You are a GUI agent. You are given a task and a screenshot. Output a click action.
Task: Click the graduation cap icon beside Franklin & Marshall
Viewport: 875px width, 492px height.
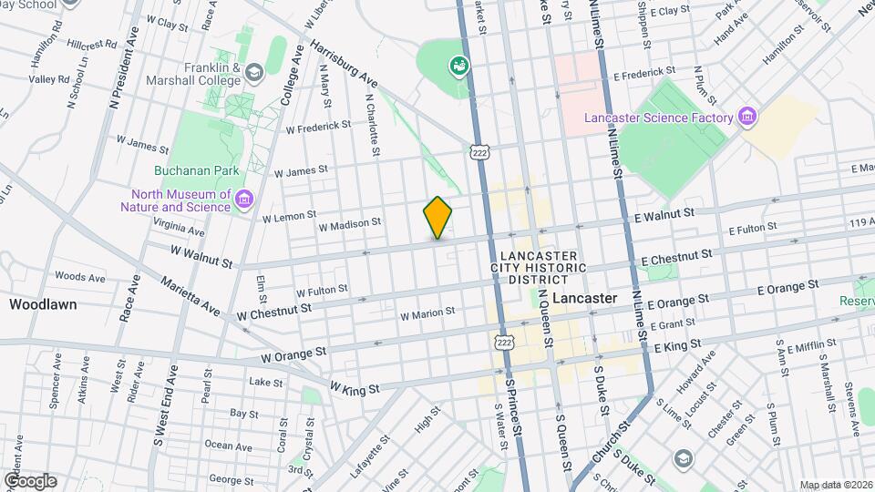[x=254, y=72]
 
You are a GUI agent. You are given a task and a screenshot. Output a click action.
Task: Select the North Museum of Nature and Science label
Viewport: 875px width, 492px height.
[x=181, y=200]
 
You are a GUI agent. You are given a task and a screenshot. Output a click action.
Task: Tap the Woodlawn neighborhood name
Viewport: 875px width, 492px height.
[x=43, y=304]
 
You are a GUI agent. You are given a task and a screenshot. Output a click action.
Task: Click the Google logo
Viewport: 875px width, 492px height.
[x=29, y=481]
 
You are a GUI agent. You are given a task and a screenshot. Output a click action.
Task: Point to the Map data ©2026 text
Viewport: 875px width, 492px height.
[x=835, y=485]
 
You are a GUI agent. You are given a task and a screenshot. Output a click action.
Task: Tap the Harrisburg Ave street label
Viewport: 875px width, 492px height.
[x=343, y=64]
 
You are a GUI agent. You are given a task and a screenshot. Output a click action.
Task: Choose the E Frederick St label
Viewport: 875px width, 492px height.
[x=644, y=70]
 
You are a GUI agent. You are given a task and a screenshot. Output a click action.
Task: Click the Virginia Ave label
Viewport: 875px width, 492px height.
[x=179, y=222]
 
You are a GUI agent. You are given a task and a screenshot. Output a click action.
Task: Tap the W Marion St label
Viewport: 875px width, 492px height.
[x=427, y=313]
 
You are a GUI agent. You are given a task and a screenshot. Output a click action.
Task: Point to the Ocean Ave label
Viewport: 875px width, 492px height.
[x=229, y=446]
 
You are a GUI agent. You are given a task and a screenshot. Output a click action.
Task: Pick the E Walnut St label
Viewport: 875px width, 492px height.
[x=665, y=212]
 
